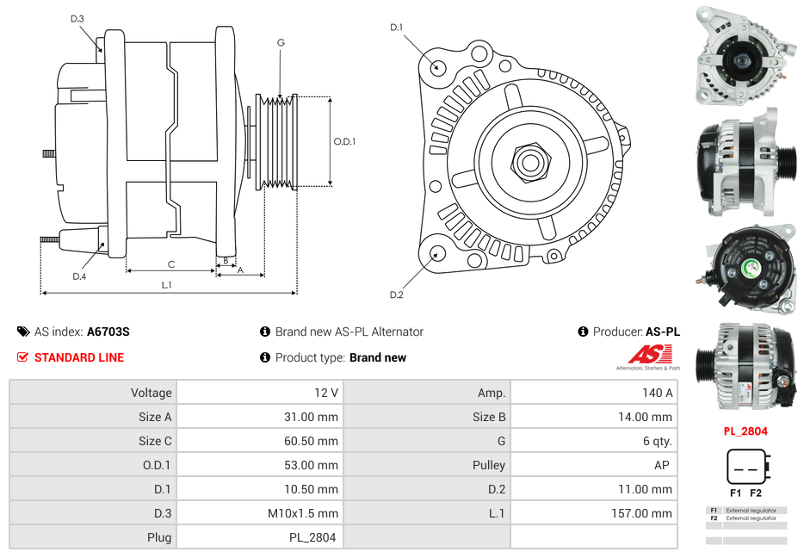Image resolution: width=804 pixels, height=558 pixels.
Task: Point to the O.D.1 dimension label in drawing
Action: coord(344,142)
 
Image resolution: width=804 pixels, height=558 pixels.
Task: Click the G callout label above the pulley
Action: coord(281,43)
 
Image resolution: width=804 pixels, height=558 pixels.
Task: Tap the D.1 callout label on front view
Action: coord(396,28)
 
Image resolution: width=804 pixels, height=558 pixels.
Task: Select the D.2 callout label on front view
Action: coord(396,295)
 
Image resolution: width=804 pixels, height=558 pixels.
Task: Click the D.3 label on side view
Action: coord(77,19)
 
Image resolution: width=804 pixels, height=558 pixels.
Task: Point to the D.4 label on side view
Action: coord(79,276)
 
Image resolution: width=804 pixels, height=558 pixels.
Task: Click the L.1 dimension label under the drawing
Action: coord(167,285)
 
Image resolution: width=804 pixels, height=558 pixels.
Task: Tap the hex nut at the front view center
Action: coord(529,161)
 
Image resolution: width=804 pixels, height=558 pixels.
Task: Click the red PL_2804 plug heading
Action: coord(745,431)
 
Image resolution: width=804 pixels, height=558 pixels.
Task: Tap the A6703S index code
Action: coord(108,332)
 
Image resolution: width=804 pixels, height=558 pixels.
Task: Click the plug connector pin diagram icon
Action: coord(745,466)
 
